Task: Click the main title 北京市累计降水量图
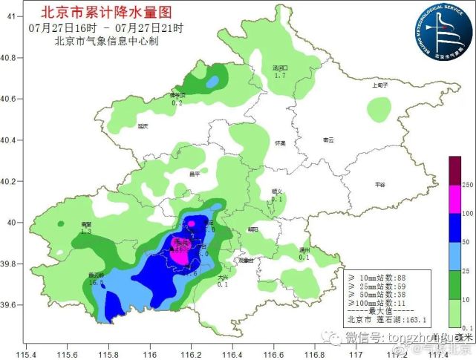coord(110,12)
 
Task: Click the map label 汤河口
coord(280,68)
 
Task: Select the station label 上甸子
coord(380,85)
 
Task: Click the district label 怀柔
coord(280,143)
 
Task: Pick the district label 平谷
coord(381,184)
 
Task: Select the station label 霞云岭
coord(96,275)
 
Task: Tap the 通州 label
coord(304,249)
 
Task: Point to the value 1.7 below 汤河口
coord(280,76)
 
